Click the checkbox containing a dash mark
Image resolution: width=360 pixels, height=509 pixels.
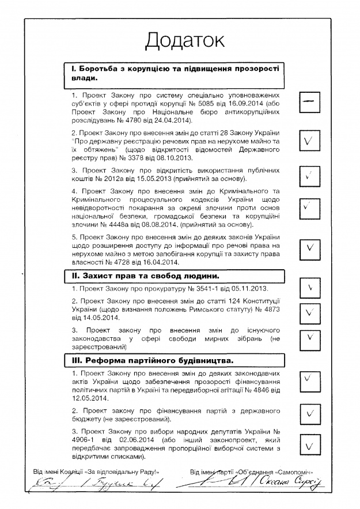tap(311, 101)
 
